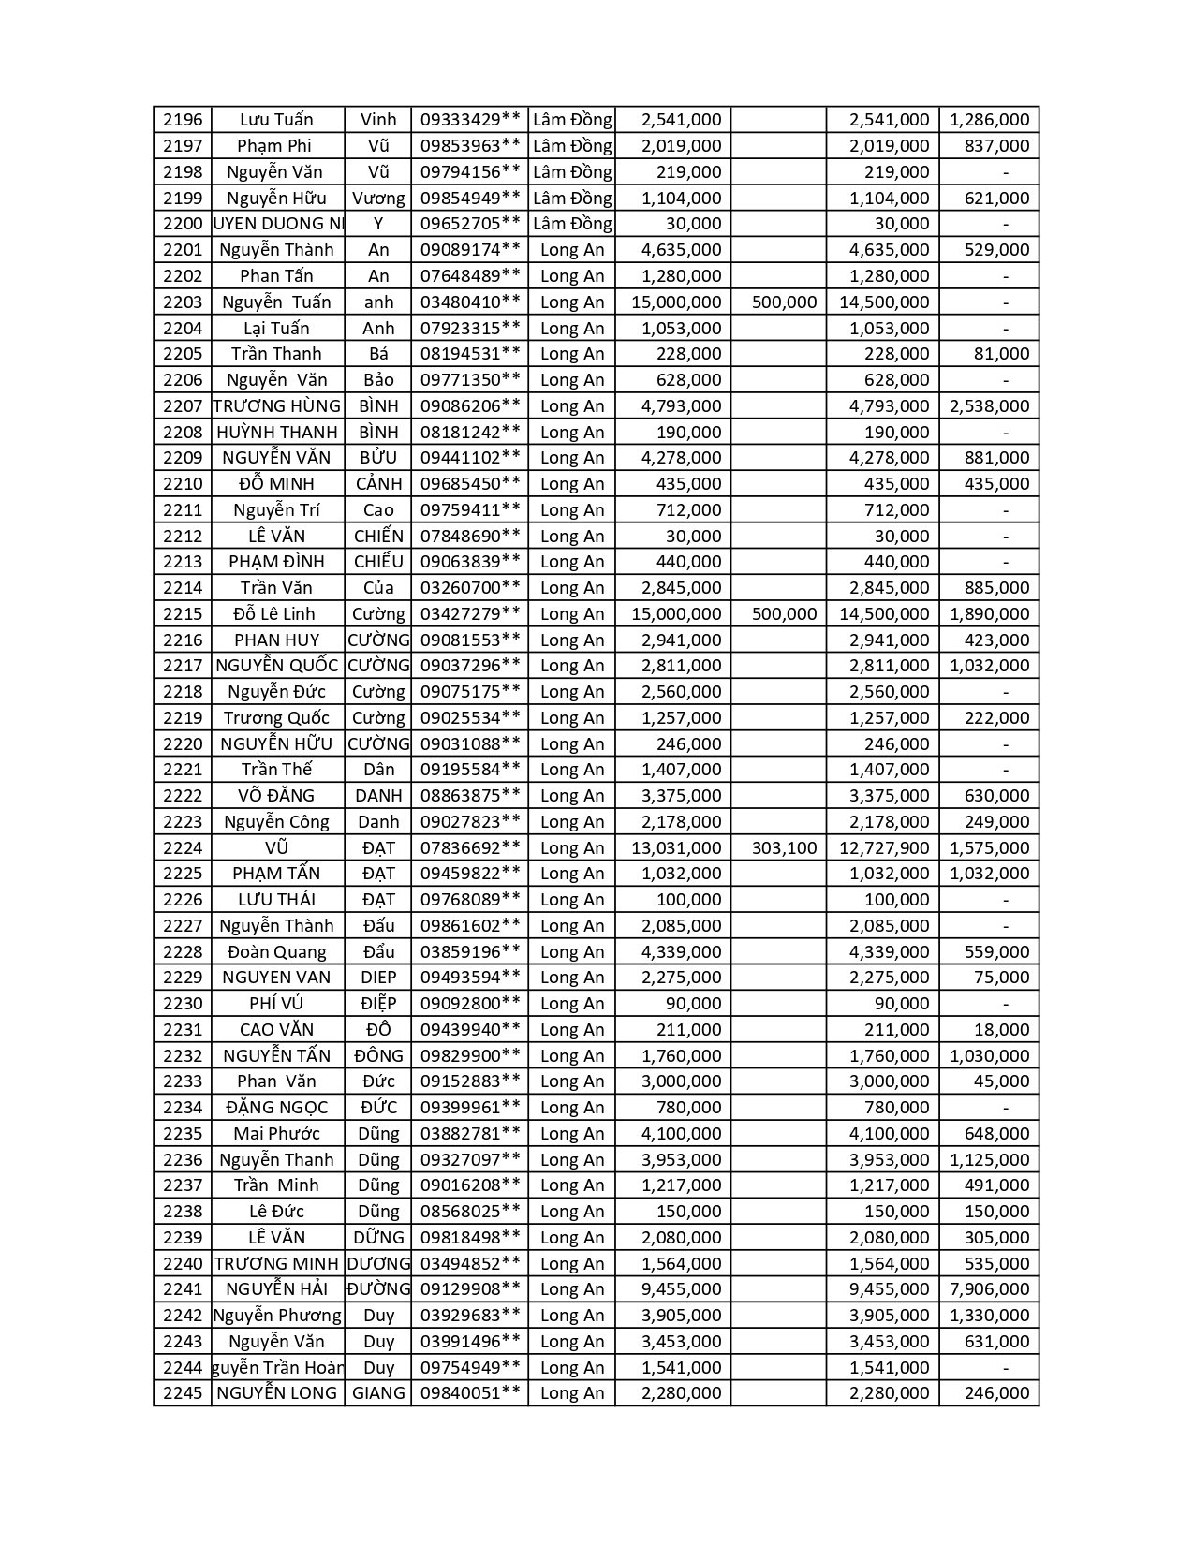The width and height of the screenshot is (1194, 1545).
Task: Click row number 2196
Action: [183, 120]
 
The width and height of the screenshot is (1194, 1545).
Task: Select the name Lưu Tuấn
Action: [276, 120]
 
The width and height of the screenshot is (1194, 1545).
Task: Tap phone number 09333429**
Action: [470, 120]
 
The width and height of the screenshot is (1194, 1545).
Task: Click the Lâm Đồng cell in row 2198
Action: [571, 172]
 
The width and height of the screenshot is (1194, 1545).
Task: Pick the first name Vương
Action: [378, 199]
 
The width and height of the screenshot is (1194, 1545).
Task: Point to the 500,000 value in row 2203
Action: [785, 302]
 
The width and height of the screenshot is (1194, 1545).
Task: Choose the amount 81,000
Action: [1001, 354]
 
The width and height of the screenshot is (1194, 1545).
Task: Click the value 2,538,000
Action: [989, 406]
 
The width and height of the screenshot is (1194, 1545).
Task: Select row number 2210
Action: [183, 484]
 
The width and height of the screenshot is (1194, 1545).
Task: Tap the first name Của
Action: [378, 588]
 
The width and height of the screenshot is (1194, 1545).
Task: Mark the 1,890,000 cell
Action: [989, 614]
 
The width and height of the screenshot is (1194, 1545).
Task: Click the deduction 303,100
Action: [785, 848]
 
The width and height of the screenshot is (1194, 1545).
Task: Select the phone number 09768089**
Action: [470, 900]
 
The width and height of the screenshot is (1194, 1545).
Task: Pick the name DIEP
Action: [378, 978]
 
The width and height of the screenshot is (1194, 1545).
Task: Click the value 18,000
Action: [1001, 1030]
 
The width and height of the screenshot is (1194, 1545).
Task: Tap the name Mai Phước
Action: [276, 1134]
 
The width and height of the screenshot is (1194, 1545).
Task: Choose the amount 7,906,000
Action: [989, 1289]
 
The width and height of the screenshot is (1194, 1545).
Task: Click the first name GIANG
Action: [378, 1393]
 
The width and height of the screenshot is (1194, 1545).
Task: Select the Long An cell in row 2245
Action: [571, 1393]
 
